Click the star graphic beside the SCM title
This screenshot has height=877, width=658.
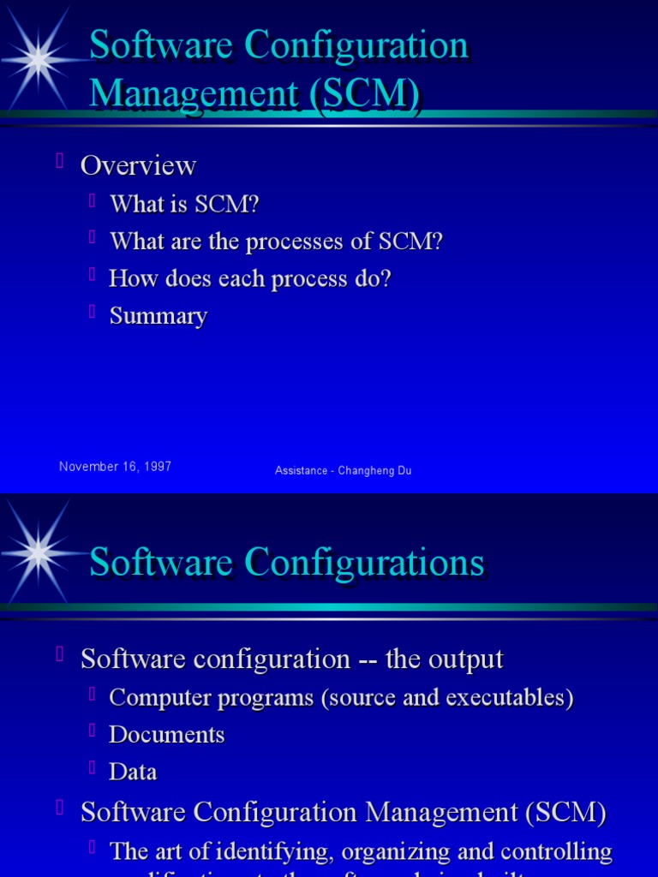(39, 58)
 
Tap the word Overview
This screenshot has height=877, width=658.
(138, 165)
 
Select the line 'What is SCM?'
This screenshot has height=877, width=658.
(184, 204)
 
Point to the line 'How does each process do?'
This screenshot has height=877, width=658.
(249, 279)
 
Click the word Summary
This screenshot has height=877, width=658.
(159, 316)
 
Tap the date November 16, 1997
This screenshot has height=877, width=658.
(115, 467)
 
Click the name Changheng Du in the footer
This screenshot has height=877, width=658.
(374, 470)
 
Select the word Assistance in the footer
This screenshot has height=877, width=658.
(302, 470)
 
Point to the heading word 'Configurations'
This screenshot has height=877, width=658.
(364, 564)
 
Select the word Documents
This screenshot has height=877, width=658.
(167, 735)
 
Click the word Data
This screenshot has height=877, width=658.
(134, 772)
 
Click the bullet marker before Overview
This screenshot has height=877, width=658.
(60, 160)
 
